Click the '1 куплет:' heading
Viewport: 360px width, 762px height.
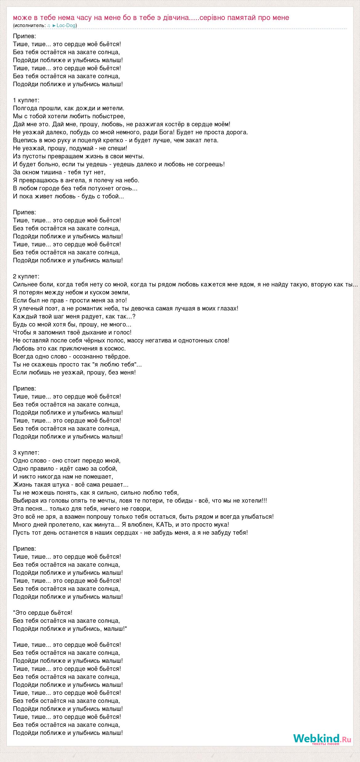[x=26, y=100]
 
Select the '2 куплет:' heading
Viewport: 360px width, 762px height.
[x=26, y=276]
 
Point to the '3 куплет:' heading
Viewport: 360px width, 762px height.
[x=26, y=452]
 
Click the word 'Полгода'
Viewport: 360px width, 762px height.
[x=26, y=108]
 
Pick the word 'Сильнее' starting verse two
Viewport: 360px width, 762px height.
[x=25, y=284]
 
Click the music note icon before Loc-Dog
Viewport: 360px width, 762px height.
[x=49, y=26]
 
